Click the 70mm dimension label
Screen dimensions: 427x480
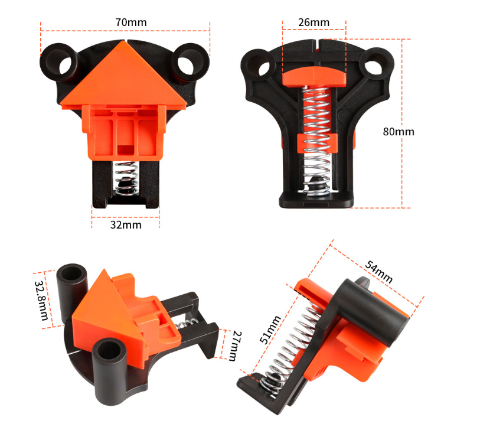coord(130,22)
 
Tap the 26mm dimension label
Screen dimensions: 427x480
coord(314,22)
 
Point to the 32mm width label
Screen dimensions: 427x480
coord(125,226)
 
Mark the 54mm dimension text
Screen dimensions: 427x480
coord(379,270)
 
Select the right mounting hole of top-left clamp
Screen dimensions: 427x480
coord(189,60)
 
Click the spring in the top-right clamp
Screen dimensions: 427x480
coord(314,136)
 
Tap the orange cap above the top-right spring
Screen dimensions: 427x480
coord(314,75)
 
